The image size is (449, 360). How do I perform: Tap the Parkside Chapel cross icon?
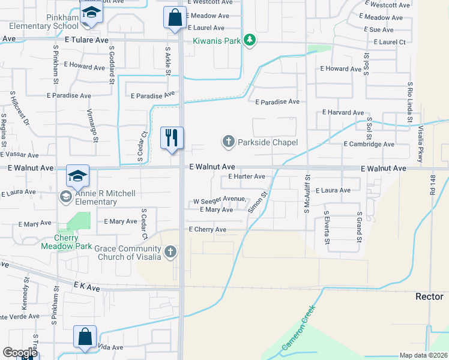point(228,142)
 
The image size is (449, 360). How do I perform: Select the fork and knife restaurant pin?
point(172,139)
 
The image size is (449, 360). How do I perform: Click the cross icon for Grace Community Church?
point(170,252)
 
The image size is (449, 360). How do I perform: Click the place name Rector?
point(429,297)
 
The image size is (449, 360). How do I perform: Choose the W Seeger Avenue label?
point(219,199)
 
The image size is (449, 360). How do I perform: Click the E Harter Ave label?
point(247,176)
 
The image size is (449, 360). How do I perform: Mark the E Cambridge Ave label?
point(369,145)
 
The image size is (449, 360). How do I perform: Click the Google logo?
point(20,353)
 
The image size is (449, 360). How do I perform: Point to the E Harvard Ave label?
point(343,112)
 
